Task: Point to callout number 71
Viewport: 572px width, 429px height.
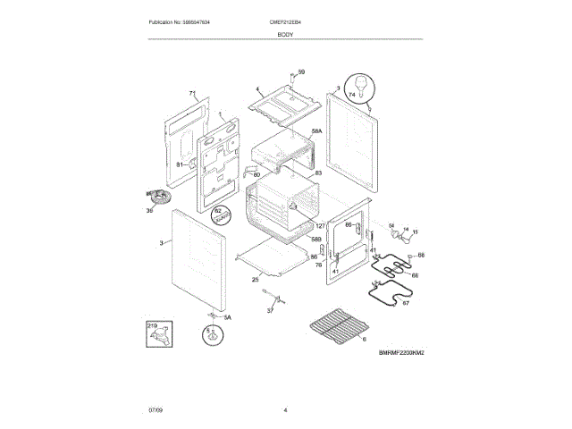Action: pyautogui.click(x=191, y=94)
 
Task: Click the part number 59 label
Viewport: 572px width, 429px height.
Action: pyautogui.click(x=301, y=72)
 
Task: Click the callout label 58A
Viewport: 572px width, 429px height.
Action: pyautogui.click(x=316, y=131)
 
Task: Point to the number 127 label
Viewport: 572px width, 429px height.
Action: pyautogui.click(x=321, y=227)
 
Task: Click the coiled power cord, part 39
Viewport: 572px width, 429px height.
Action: pyautogui.click(x=156, y=198)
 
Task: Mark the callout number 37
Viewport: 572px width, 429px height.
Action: pyautogui.click(x=270, y=310)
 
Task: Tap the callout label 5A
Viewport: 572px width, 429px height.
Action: pyautogui.click(x=226, y=317)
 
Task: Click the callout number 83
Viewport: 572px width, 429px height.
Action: pyautogui.click(x=317, y=172)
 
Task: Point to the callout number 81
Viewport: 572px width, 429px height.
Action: pyautogui.click(x=179, y=165)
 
